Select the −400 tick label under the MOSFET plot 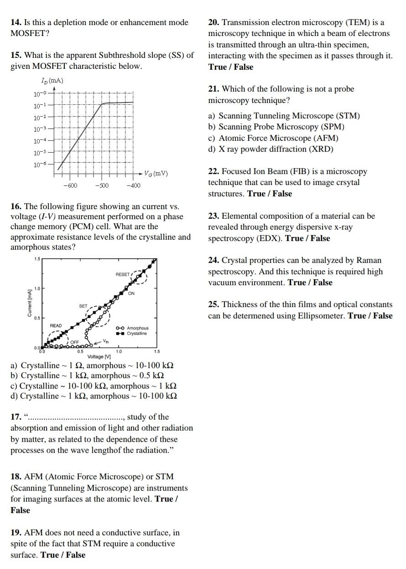click(133, 185)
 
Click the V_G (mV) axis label click(156, 174)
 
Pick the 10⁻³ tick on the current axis click(40, 129)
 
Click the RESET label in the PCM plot click(123, 274)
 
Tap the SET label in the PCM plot click(83, 306)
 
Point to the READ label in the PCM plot click(56, 326)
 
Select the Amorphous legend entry click(137, 328)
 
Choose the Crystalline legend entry click(137, 333)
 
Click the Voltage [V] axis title click(99, 356)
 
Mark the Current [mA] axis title click(30, 303)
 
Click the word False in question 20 click(244, 67)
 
